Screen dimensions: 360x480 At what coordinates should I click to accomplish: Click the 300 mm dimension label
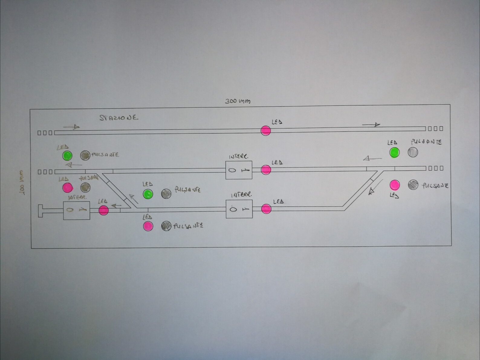[238, 101]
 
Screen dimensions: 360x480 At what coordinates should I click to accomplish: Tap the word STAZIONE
[118, 118]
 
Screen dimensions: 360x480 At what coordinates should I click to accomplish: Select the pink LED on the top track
[266, 131]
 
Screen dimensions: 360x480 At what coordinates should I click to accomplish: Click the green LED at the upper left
[67, 155]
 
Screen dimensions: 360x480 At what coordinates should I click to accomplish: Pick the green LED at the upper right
[394, 152]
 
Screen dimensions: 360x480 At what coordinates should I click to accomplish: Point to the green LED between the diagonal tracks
[148, 194]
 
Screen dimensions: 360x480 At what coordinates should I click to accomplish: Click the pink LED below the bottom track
[148, 226]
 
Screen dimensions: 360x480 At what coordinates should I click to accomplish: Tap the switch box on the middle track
[239, 170]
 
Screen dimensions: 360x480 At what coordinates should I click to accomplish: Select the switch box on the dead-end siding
[76, 210]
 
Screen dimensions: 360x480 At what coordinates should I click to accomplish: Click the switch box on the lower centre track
[239, 209]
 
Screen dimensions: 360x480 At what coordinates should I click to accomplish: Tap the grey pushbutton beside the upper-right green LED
[413, 152]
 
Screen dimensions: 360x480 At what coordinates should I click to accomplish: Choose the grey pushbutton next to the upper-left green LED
[85, 155]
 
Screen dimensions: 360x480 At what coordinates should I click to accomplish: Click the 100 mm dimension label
[22, 182]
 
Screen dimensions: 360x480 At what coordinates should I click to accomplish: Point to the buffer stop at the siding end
[41, 211]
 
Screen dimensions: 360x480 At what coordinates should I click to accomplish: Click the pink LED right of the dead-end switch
[103, 210]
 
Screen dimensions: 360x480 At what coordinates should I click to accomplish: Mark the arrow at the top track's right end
[371, 124]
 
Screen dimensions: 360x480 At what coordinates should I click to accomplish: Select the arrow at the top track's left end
[72, 127]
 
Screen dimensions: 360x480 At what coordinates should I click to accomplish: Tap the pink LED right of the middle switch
[266, 170]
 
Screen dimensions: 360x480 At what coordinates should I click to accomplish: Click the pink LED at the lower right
[394, 185]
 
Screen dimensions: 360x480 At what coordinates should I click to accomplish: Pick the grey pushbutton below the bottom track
[166, 226]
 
